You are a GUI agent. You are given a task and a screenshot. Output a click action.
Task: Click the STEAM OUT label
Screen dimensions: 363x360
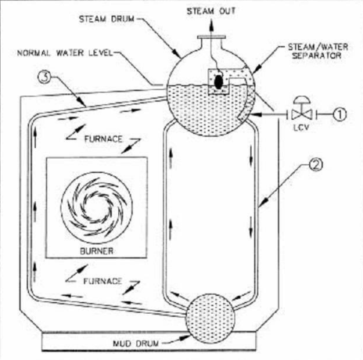pyautogui.click(x=211, y=11)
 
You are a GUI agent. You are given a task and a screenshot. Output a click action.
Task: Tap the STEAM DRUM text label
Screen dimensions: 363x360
pyautogui.click(x=106, y=19)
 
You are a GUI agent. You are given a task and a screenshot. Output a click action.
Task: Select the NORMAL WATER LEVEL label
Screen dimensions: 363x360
pyautogui.click(x=65, y=53)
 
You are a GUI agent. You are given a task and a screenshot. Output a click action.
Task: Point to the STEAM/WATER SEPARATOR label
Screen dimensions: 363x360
pyautogui.click(x=318, y=51)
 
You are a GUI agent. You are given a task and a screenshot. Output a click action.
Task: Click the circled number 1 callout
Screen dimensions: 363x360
pyautogui.click(x=340, y=114)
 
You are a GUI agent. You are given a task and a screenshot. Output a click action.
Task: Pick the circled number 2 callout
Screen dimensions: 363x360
pyautogui.click(x=316, y=165)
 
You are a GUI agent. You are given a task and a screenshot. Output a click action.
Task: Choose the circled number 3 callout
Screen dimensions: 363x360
pyautogui.click(x=45, y=77)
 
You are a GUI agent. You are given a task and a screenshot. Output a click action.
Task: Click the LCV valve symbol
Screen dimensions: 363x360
pyautogui.click(x=302, y=110)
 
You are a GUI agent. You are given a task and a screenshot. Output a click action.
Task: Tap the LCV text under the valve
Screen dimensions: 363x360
pyautogui.click(x=301, y=128)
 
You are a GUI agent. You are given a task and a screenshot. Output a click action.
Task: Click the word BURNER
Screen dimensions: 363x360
pyautogui.click(x=96, y=251)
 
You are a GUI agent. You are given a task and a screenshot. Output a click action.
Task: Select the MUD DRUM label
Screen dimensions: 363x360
pyautogui.click(x=135, y=344)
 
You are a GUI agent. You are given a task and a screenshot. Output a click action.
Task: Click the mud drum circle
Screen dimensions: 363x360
pyautogui.click(x=210, y=318)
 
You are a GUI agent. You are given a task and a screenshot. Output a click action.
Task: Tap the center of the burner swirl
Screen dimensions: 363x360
pyautogui.click(x=97, y=207)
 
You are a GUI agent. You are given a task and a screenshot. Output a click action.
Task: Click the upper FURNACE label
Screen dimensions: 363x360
pyautogui.click(x=103, y=139)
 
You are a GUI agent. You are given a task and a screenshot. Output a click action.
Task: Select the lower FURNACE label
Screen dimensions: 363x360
pyautogui.click(x=102, y=281)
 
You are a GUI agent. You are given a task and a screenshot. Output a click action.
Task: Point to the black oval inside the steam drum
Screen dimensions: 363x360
pyautogui.click(x=218, y=82)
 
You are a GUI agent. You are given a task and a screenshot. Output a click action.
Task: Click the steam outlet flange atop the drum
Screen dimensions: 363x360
pyautogui.click(x=211, y=38)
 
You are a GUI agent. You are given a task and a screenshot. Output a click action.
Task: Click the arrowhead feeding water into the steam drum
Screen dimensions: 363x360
pyautogui.click(x=256, y=114)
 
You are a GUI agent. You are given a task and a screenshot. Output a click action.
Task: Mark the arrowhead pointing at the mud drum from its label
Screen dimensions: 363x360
pyautogui.click(x=185, y=338)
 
